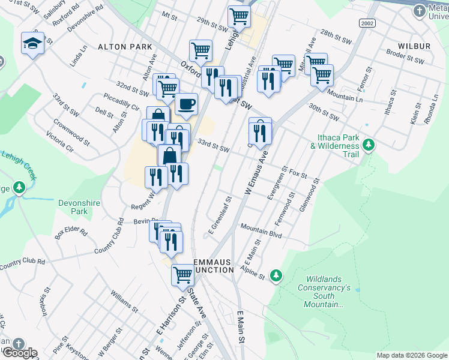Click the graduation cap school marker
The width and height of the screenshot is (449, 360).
pos(32,43)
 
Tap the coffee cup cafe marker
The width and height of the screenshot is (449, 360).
pos(186,104)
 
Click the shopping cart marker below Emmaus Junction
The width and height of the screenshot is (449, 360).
pos(183,275)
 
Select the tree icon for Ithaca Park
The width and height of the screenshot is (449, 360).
pos(368,145)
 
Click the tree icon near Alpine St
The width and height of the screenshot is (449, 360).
pos(276,275)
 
